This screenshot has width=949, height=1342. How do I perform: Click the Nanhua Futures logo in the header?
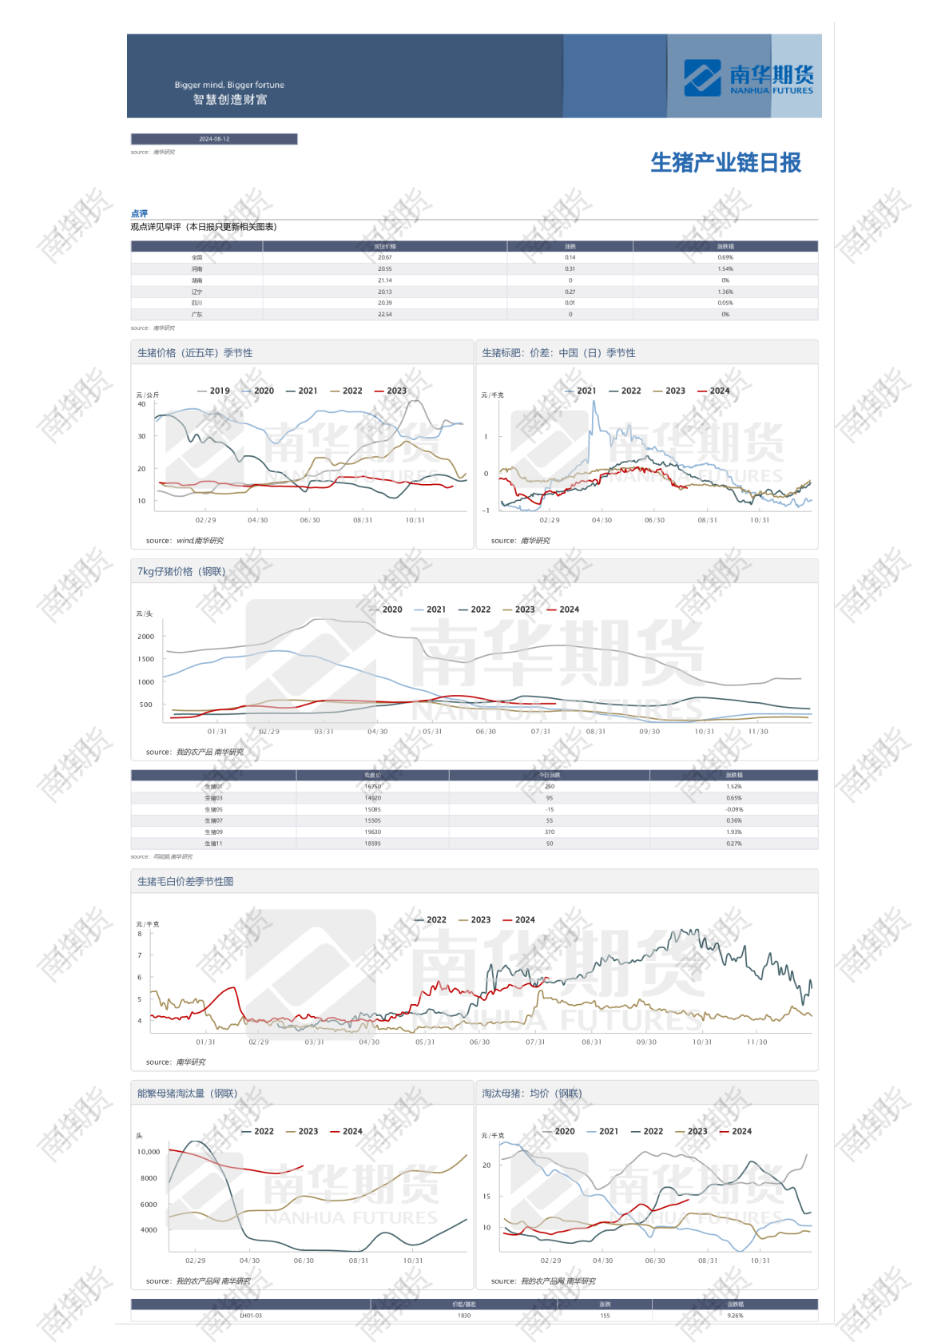[748, 77]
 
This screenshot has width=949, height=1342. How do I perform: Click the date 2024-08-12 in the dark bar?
[214, 139]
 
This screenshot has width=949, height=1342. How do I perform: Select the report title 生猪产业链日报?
[725, 163]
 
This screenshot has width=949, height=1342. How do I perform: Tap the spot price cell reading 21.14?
[384, 280]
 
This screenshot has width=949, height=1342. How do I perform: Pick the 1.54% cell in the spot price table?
[725, 269]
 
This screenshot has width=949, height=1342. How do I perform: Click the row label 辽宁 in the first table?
[197, 292]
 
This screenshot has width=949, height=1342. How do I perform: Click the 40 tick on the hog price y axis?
[141, 404]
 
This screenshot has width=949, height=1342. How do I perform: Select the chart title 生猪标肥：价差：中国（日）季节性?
[558, 353]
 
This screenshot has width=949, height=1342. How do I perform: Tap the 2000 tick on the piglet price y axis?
[145, 637]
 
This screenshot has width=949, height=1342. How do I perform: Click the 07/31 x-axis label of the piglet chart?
[541, 732]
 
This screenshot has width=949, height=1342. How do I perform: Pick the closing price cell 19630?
[372, 832]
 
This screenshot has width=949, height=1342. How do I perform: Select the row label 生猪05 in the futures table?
[213, 809]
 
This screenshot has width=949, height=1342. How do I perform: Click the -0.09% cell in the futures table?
[733, 809]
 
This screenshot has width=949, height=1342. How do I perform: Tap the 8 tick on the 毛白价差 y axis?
[140, 934]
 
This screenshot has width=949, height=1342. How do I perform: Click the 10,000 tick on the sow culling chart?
[149, 1152]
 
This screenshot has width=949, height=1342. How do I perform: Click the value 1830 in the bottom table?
[464, 1316]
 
